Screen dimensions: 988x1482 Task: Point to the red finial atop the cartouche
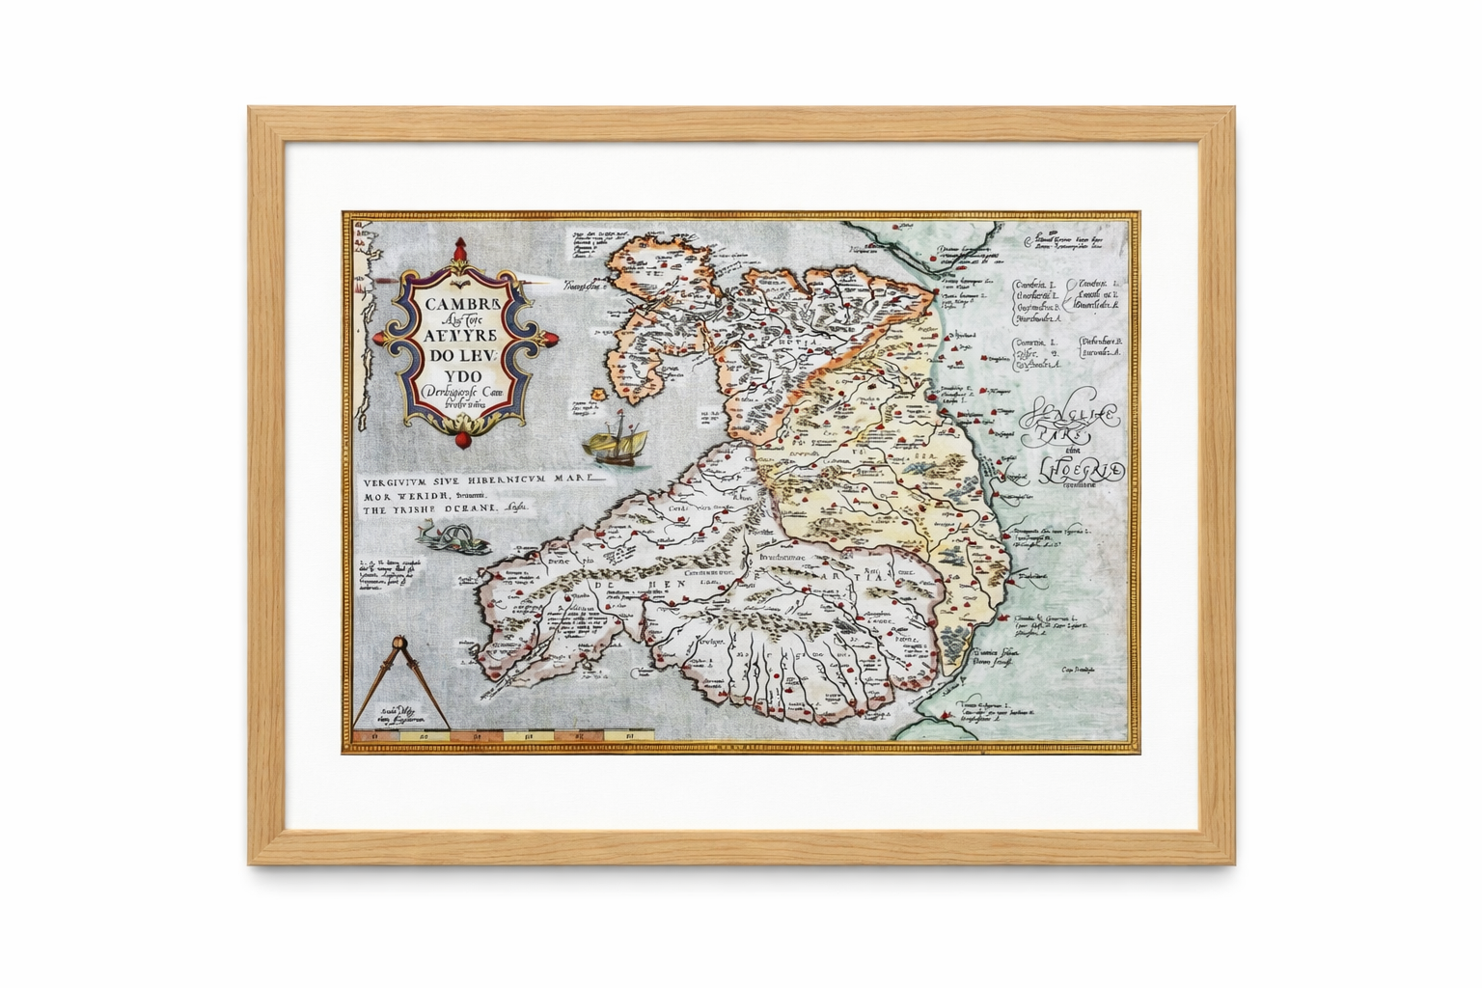coord(458,248)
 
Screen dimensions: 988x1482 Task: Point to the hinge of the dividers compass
coord(399,644)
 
